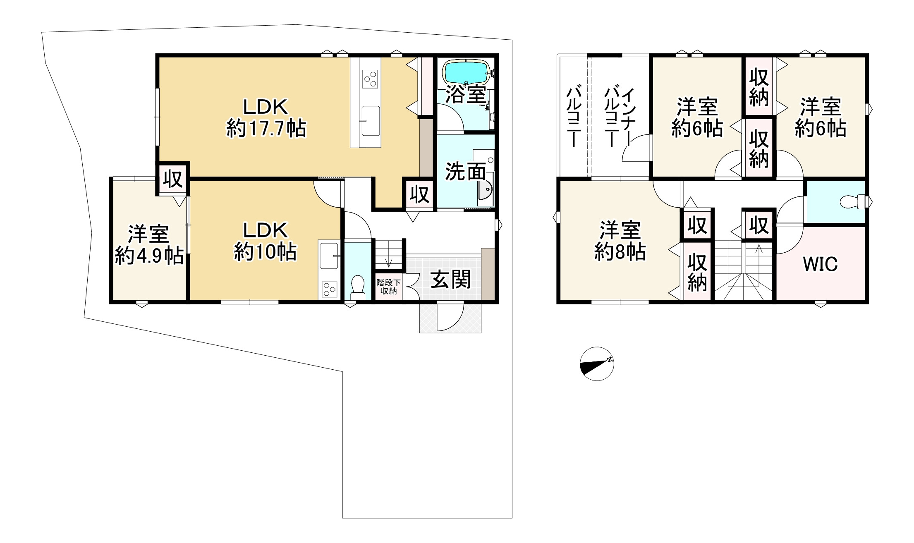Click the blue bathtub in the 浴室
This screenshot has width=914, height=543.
(467, 73)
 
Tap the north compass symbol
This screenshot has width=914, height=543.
(597, 364)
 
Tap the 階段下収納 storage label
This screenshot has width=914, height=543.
(388, 287)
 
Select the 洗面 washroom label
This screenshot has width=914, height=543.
(465, 172)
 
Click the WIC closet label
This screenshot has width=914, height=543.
(821, 264)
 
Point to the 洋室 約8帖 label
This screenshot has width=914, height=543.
(620, 241)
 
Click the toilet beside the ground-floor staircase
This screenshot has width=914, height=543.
(357, 287)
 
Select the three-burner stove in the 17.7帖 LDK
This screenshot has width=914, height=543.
(370, 79)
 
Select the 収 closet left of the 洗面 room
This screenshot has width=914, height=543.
(419, 194)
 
